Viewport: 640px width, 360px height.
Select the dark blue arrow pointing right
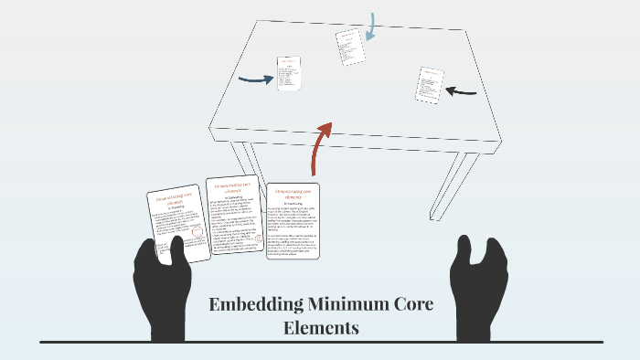255,79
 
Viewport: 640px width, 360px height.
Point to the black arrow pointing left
463,90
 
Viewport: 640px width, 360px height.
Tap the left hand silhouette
165,288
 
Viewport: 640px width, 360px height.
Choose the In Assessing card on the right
293,220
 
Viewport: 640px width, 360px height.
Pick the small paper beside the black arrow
430,83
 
